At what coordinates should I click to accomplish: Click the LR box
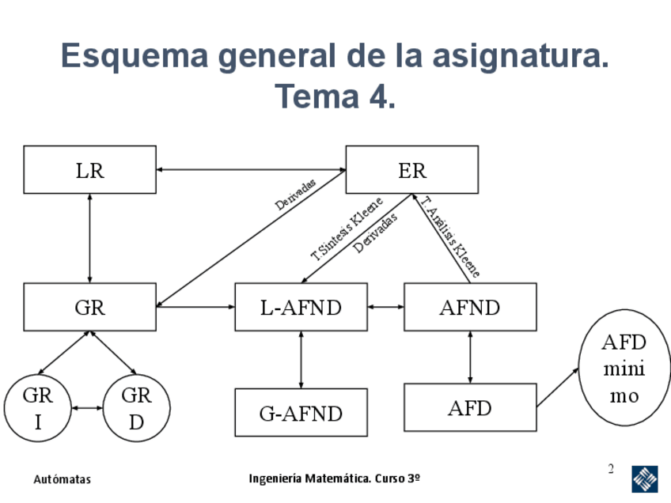(x=89, y=169)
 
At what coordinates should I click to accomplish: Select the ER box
(x=411, y=169)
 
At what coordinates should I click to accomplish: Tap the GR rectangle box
(x=89, y=307)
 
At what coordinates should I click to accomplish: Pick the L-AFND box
(x=301, y=307)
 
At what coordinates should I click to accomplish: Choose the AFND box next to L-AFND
(x=470, y=307)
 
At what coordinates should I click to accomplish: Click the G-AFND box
(x=301, y=412)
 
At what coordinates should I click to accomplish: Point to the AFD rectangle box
(x=470, y=407)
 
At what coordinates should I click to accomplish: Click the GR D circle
(x=136, y=408)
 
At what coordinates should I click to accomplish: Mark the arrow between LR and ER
(x=251, y=169)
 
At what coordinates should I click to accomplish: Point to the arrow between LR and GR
(x=89, y=237)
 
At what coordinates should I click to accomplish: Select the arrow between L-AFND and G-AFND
(x=301, y=359)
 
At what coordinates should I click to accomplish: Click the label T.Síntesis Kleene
(x=347, y=229)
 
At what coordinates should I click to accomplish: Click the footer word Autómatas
(x=63, y=479)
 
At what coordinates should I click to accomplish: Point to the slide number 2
(x=611, y=470)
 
